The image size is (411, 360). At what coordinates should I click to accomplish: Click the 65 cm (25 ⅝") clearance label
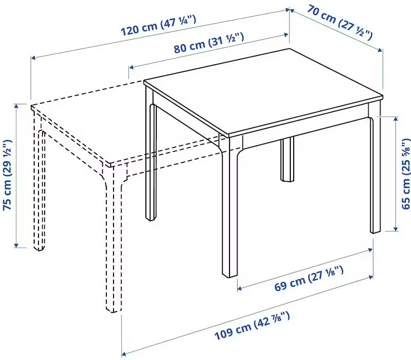coord(405,174)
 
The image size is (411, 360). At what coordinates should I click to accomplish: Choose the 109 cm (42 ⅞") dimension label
coord(252,330)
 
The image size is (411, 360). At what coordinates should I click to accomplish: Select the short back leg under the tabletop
coord(287,162)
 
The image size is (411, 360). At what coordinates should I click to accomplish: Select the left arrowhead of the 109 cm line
coord(124,353)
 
